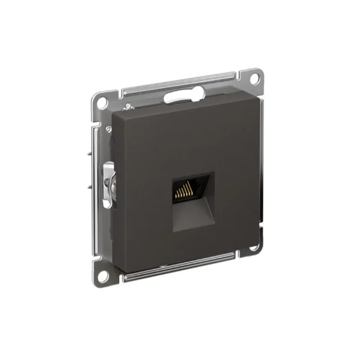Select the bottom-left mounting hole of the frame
coord(102,274)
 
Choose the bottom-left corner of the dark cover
coord(114,264)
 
